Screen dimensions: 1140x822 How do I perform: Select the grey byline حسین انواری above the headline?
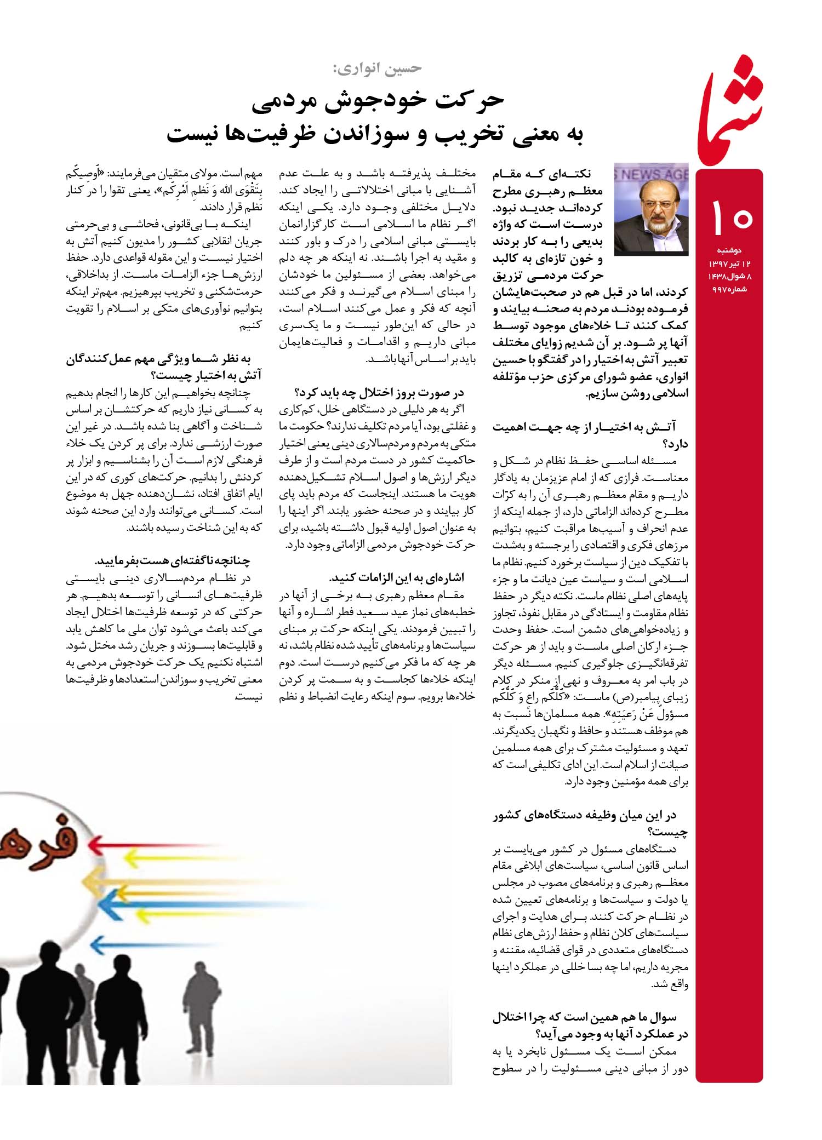(x=376, y=68)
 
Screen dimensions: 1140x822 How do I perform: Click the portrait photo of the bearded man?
(x=650, y=209)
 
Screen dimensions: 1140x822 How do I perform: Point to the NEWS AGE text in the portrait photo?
(x=652, y=175)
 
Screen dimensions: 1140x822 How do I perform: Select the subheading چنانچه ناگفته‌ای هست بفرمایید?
(x=172, y=561)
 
